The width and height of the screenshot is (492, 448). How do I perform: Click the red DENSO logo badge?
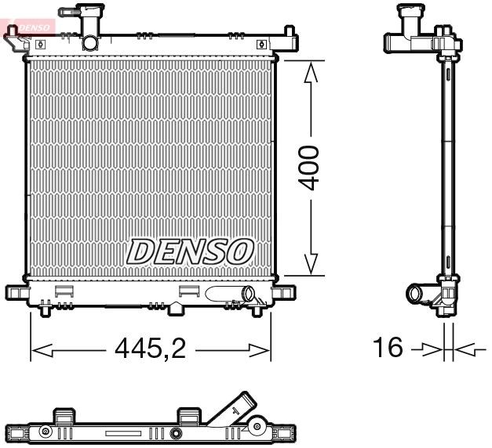pyautogui.click(x=28, y=28)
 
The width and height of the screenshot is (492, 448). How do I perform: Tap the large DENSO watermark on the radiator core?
pyautogui.click(x=191, y=251)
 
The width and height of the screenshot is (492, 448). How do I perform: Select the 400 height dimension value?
pyautogui.click(x=312, y=167)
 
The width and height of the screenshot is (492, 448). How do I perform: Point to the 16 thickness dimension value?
pyautogui.click(x=388, y=347)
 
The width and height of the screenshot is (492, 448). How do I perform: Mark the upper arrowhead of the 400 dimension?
pyautogui.click(x=312, y=73)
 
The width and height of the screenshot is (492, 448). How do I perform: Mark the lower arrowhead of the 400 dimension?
pyautogui.click(x=312, y=265)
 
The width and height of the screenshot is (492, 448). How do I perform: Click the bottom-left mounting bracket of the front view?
pyautogui.click(x=16, y=294)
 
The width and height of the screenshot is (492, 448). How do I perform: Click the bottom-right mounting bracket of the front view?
pyautogui.click(x=285, y=294)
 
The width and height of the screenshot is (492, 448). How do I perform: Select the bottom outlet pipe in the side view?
pyautogui.click(x=416, y=294)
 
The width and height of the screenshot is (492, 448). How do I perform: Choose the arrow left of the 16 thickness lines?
pyautogui.click(x=430, y=348)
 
